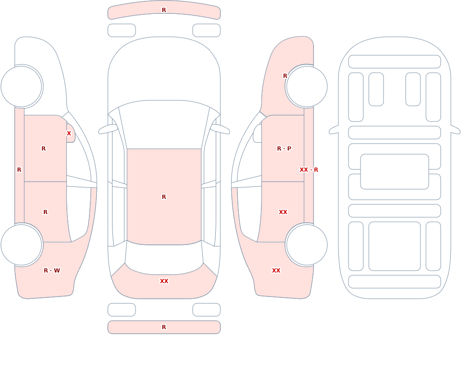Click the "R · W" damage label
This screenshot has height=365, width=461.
(52, 271)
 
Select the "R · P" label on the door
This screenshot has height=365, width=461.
(284, 149)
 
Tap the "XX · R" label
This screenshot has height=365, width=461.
(309, 170)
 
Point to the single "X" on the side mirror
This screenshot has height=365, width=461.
(69, 133)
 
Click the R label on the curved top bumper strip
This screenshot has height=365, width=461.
(164, 10)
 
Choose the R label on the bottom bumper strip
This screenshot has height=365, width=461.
(164, 327)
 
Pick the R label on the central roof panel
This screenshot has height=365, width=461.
(164, 197)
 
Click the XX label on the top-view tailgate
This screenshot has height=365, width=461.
(164, 281)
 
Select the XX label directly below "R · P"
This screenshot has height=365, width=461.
(283, 212)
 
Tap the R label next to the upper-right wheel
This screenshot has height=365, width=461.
(285, 76)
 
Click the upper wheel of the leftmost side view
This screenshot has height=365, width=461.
(21, 87)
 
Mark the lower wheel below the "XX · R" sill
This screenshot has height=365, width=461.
(307, 245)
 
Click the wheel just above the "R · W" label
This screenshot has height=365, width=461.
(21, 245)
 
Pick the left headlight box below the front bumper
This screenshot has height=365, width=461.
(122, 30)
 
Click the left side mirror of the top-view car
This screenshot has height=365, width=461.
(107, 129)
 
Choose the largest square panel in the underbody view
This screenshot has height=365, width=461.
(395, 246)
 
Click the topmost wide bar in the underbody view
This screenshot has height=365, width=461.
(395, 62)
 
